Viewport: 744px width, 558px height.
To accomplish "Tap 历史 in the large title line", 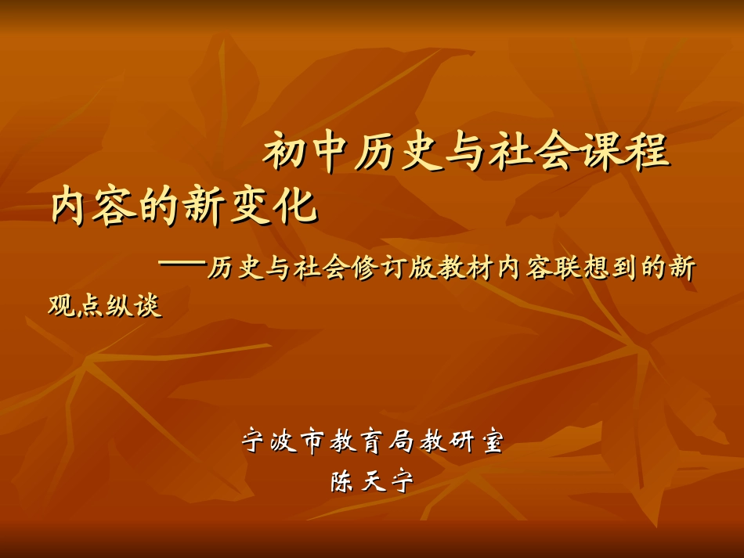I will tap(399, 152).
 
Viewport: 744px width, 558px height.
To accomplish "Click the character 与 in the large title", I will tap(467, 152).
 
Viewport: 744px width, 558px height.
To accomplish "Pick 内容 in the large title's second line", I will tap(96, 207).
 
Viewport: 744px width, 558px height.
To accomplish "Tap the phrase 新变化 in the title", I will tap(252, 207).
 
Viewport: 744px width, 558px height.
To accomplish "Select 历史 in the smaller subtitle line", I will tap(233, 269).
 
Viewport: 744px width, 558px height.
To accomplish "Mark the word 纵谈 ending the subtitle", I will tap(135, 306).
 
